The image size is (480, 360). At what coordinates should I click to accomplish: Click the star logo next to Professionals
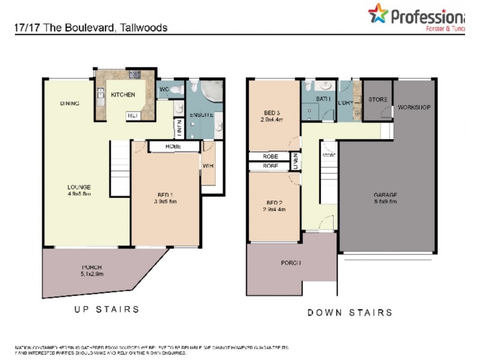coord(379,13)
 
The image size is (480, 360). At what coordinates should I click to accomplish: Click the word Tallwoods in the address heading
coord(144,28)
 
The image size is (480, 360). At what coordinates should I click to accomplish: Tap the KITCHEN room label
coord(123,95)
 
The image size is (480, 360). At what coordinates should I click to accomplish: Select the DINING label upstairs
coord(70,103)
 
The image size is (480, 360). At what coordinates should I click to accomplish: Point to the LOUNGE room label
coord(79,187)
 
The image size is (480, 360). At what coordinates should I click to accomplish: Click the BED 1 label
coord(164,194)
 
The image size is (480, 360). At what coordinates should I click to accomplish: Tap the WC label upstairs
coord(164,91)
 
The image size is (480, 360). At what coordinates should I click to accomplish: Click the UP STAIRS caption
coord(107,309)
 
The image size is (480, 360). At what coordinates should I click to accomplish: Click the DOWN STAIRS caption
coord(350,312)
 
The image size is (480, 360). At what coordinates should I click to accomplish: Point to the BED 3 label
coord(272,113)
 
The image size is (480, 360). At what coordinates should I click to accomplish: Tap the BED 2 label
coord(272,202)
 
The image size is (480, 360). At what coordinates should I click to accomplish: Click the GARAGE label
coord(385,194)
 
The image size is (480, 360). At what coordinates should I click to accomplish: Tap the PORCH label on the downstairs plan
coord(290,263)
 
